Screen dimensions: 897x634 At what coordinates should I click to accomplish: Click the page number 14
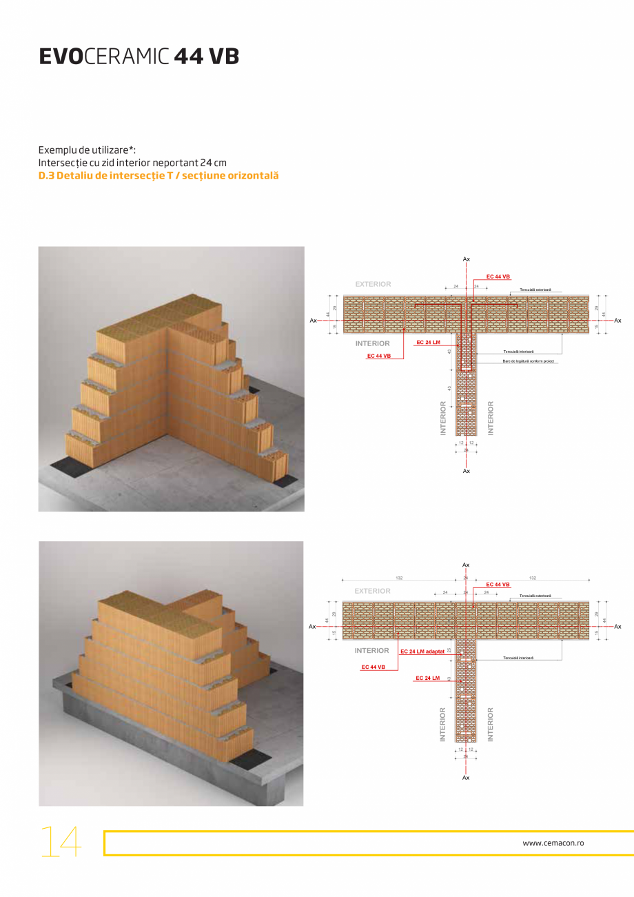pyautogui.click(x=61, y=842)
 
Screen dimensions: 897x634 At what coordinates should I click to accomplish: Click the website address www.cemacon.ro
pyautogui.click(x=554, y=843)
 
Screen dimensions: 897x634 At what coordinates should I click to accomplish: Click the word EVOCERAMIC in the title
pyautogui.click(x=103, y=57)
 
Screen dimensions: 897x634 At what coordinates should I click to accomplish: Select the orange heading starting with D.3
pyautogui.click(x=158, y=176)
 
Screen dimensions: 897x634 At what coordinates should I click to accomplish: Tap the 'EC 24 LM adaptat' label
pyautogui.click(x=422, y=651)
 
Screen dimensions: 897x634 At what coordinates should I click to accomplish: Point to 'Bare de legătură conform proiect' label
pyautogui.click(x=528, y=361)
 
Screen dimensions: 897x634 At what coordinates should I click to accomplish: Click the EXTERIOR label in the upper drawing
pyautogui.click(x=373, y=284)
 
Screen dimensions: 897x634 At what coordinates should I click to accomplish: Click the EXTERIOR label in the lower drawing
pyautogui.click(x=372, y=591)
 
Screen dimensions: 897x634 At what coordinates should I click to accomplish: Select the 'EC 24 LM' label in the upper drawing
pyautogui.click(x=428, y=342)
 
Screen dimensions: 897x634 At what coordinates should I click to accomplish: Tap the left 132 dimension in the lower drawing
pyautogui.click(x=399, y=578)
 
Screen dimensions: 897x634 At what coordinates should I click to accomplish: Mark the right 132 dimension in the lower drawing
pyautogui.click(x=532, y=578)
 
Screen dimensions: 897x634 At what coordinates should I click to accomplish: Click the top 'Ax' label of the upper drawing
pyautogui.click(x=467, y=259)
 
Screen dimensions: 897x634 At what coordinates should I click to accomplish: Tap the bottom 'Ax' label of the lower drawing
pyautogui.click(x=466, y=777)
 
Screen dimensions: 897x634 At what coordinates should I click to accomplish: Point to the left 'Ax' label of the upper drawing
pyautogui.click(x=313, y=320)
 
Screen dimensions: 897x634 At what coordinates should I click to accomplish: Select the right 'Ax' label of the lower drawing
pyautogui.click(x=617, y=626)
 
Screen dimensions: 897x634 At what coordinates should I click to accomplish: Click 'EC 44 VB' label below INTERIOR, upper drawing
pyautogui.click(x=379, y=356)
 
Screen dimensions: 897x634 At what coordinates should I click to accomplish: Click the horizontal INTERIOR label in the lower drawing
pyautogui.click(x=372, y=650)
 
